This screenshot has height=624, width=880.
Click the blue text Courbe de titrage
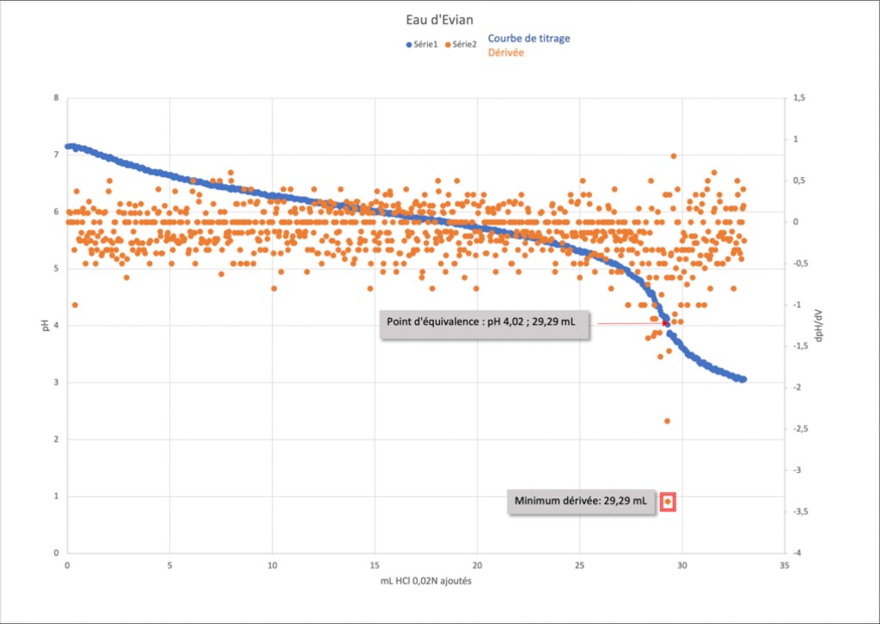529,39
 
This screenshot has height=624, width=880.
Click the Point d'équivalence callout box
484,323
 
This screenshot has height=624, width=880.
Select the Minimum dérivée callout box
580,501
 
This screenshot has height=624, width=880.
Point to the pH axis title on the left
46,326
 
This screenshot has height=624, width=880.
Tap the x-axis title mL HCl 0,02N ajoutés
425,582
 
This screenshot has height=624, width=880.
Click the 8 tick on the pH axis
57,98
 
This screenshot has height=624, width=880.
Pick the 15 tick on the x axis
375,566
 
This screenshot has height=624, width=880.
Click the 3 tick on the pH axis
57,382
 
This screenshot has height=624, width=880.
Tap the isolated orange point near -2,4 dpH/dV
667,421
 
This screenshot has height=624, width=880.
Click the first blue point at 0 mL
68,147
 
